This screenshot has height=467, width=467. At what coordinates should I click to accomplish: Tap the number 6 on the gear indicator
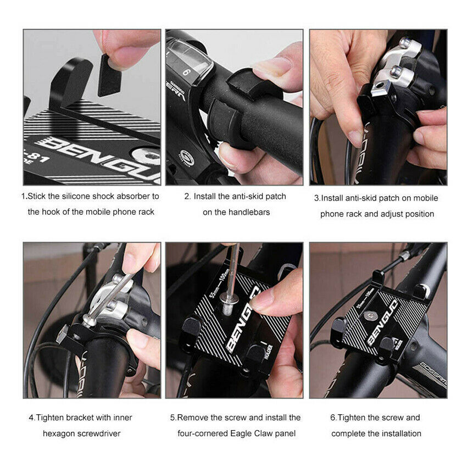point(186,72)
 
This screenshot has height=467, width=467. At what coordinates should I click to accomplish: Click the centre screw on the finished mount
point(370,316)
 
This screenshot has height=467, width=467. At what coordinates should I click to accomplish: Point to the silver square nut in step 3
point(380,88)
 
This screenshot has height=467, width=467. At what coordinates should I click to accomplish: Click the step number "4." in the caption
point(32,418)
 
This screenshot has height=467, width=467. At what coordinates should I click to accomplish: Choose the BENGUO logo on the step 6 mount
point(382,323)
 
